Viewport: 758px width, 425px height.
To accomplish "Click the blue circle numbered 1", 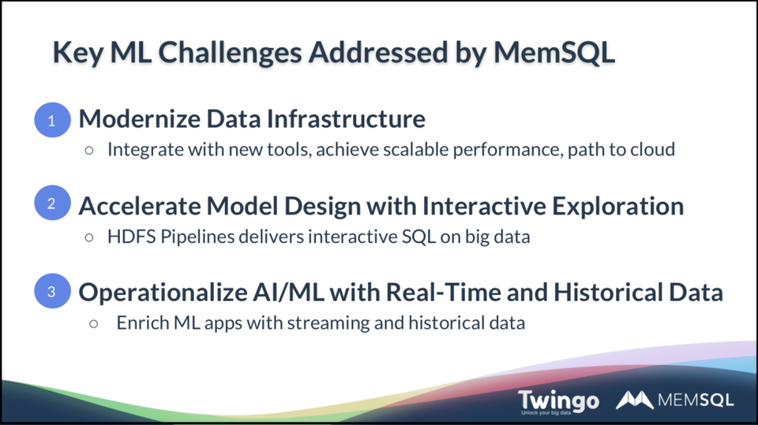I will [52, 121].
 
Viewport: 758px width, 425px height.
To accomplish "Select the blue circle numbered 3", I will [52, 291].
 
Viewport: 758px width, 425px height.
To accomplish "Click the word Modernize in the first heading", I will [133, 119].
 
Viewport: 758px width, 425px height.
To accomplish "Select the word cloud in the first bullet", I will [652, 149].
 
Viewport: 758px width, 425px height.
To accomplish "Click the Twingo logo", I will [557, 401].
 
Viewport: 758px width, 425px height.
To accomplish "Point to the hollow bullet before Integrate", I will [90, 150].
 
